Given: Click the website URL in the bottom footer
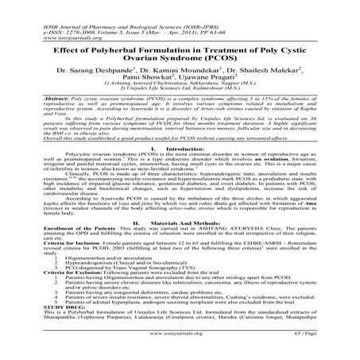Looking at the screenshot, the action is pos(180,348).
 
